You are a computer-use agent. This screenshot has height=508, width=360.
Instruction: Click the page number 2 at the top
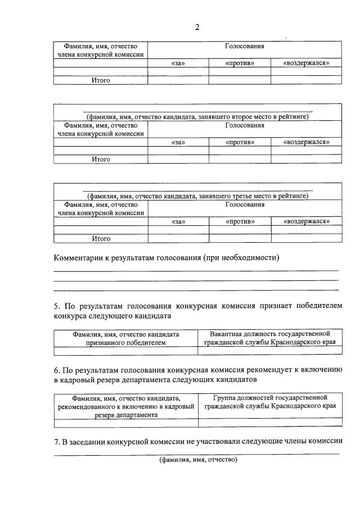tap(197, 28)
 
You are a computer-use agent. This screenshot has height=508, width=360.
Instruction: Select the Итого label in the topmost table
tap(101, 80)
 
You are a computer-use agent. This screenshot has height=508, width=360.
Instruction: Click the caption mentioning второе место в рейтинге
tap(197, 116)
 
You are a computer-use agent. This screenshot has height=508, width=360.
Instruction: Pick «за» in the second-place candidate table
tap(178, 142)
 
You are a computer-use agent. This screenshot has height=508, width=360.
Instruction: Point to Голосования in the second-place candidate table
tap(245, 125)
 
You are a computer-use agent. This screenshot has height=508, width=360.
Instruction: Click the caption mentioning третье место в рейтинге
tap(197, 196)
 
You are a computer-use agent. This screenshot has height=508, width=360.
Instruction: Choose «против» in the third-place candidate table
tap(240, 222)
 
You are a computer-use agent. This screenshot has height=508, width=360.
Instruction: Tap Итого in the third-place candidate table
tap(101, 238)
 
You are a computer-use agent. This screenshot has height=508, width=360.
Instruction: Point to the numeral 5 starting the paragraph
tap(56, 305)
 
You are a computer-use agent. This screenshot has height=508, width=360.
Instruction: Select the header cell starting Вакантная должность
tap(269, 338)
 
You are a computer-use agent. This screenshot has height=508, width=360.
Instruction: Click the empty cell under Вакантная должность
tap(269, 351)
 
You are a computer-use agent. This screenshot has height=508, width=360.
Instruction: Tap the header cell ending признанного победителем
tap(125, 338)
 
